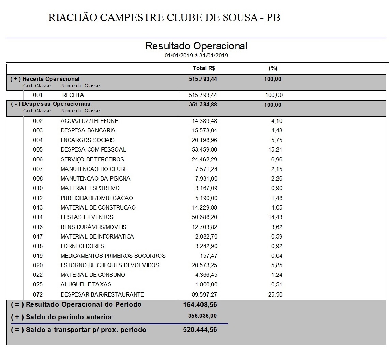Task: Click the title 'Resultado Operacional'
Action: [x=196, y=46]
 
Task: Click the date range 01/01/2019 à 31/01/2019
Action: [x=196, y=55]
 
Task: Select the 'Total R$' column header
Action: [x=204, y=68]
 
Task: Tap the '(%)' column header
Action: [x=273, y=68]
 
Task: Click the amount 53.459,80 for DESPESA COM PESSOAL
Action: [x=205, y=149]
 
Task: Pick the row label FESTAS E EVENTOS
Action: [x=87, y=217]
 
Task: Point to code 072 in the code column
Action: [x=38, y=294]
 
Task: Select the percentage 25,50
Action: [x=275, y=294]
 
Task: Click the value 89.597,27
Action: [x=205, y=294]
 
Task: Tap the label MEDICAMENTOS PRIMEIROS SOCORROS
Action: [x=113, y=256]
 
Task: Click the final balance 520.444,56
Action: [x=200, y=330]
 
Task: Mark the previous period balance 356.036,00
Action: [x=202, y=316]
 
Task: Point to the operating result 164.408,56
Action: [x=200, y=304]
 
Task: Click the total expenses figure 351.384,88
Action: [x=203, y=104]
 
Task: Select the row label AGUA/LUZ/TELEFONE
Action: [x=89, y=121]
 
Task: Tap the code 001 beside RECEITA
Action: [x=38, y=95]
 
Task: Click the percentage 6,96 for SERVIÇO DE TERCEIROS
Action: [x=276, y=159]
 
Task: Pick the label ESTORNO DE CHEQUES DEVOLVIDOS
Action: [x=110, y=265]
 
